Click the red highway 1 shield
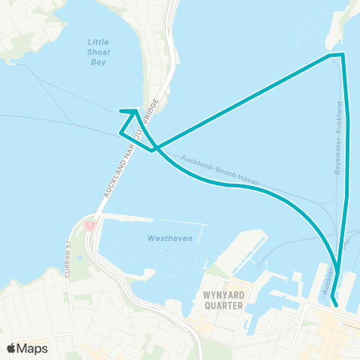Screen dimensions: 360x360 89,224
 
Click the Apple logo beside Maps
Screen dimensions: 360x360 11,348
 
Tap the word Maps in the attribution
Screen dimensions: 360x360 32,348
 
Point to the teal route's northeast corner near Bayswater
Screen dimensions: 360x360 342,55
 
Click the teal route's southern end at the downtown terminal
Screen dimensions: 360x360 335,305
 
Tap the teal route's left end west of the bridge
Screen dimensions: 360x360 121,112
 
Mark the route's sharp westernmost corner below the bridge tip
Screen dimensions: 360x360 120,133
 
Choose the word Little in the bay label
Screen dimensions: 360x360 99,43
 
